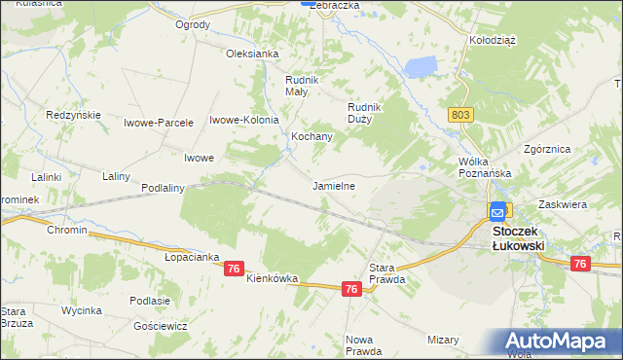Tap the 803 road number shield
click(462, 115)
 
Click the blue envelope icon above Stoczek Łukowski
click(498, 210)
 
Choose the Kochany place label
click(312, 137)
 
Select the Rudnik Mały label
click(296, 86)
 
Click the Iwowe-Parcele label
click(159, 122)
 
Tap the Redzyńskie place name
click(74, 115)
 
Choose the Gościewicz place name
click(161, 326)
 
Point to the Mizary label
click(443, 340)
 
